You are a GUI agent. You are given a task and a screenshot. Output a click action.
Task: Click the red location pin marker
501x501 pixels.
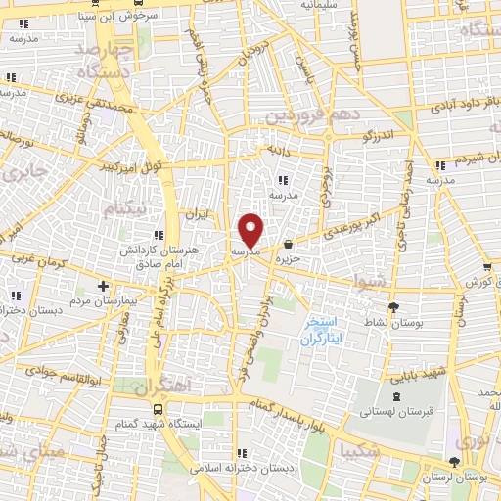click(x=250, y=230)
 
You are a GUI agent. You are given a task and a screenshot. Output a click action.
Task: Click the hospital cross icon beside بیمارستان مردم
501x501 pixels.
click(x=103, y=286)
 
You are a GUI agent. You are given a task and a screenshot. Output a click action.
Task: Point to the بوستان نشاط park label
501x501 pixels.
click(x=392, y=322)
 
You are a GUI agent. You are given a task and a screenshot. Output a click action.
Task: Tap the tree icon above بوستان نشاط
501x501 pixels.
click(x=392, y=307)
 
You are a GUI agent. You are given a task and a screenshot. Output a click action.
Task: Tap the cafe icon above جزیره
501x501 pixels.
click(x=288, y=245)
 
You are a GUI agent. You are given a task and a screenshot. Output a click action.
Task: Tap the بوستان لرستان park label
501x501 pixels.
click(x=457, y=478)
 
